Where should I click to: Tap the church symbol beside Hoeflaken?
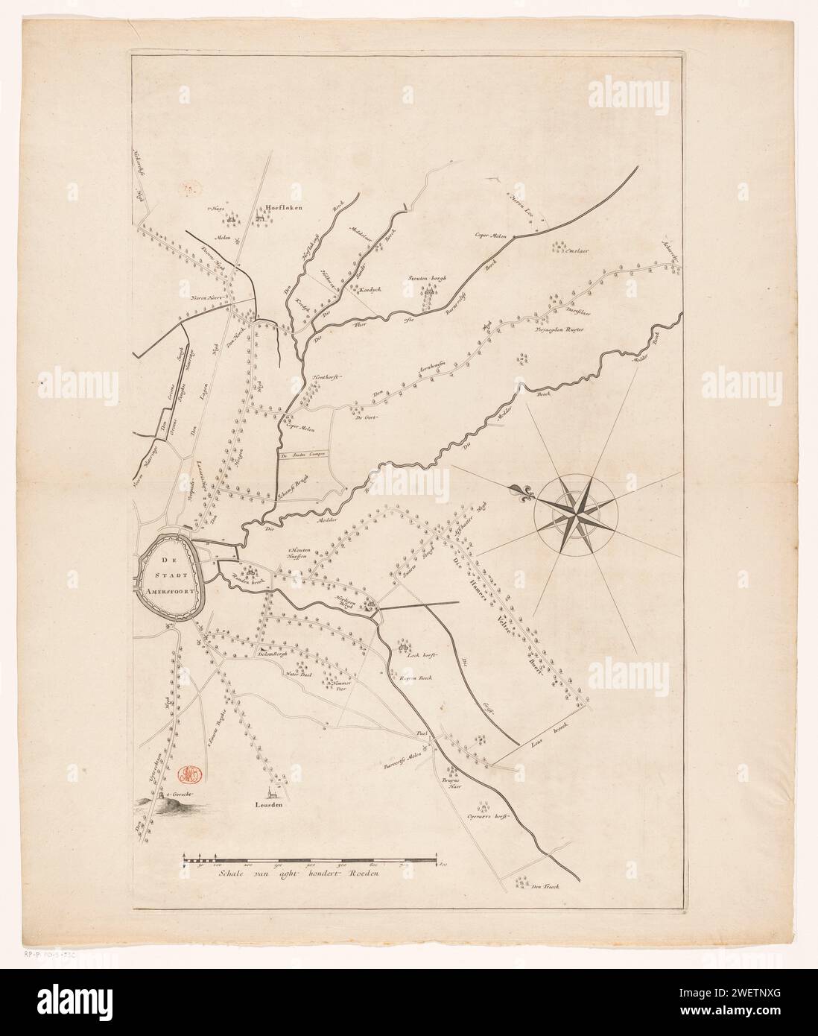[261, 218]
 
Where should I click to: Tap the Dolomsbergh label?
[271, 653]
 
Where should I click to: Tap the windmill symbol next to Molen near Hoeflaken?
[237, 240]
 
